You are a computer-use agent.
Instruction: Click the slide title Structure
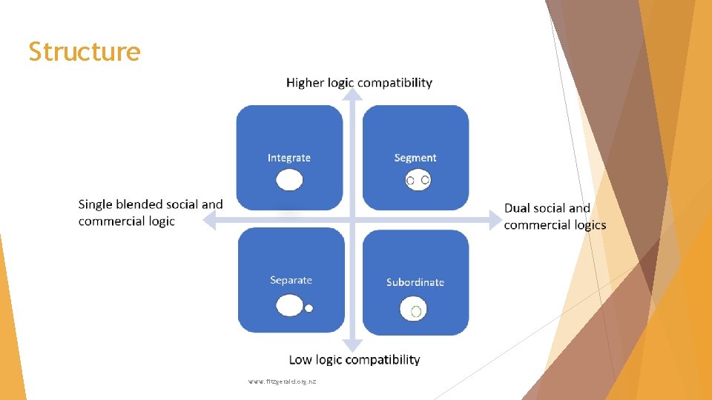[84, 52]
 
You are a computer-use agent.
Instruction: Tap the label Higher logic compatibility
[359, 82]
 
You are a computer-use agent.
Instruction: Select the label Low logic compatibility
[354, 359]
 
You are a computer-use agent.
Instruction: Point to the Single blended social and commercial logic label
[151, 213]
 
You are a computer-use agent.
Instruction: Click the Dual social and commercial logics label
[555, 216]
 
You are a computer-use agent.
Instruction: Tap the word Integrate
[289, 158]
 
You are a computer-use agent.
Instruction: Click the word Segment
[415, 158]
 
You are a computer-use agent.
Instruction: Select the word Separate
[291, 280]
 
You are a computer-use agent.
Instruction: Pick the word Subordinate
[415, 282]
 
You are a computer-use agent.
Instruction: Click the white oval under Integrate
[289, 180]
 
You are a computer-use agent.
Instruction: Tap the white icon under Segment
[418, 180]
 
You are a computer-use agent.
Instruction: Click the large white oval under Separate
[289, 305]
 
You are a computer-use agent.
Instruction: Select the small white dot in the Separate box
[309, 308]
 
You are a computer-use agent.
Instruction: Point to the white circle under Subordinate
[414, 310]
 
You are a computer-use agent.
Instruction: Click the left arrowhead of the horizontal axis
[210, 219]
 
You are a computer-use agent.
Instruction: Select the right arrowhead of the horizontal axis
[495, 219]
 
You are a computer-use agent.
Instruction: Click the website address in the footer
[283, 381]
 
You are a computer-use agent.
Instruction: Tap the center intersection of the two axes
[354, 219]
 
